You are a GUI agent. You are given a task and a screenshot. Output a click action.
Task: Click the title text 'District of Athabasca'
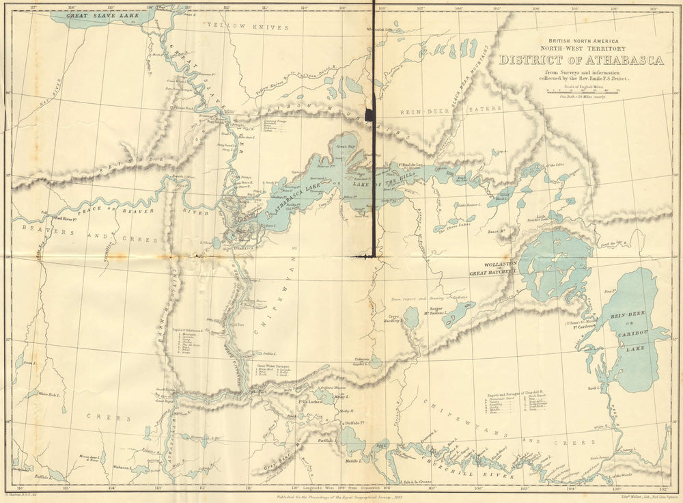pyautogui.click(x=581, y=60)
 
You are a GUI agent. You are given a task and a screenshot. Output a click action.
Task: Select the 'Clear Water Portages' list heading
pyautogui.click(x=274, y=366)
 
